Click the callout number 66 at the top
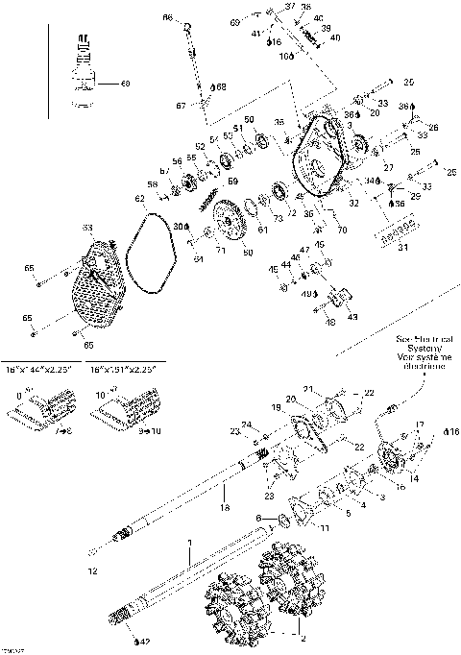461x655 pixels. pos(167,18)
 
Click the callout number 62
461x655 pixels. pos(139,199)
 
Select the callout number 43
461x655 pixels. pos(352,316)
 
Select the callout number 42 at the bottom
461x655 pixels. pos(144,639)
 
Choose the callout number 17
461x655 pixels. pos(418,425)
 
